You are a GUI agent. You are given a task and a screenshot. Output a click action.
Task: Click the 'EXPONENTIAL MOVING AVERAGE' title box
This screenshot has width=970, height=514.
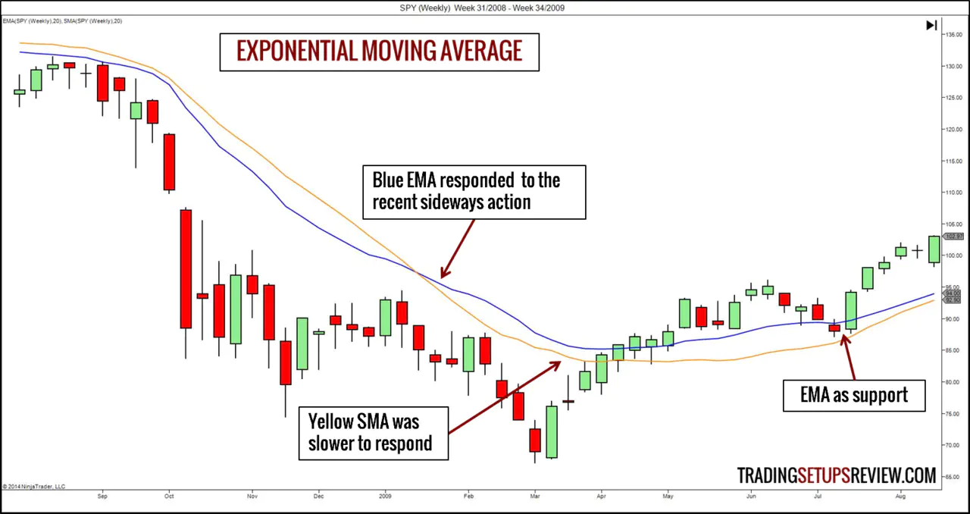[x=379, y=52]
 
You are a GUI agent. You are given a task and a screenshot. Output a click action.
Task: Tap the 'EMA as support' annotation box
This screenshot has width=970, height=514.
[x=853, y=395]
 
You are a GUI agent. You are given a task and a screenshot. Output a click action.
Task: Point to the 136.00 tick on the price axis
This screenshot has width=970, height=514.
[x=952, y=35]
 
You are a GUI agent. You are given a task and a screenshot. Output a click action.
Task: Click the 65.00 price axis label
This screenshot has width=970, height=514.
[x=952, y=477]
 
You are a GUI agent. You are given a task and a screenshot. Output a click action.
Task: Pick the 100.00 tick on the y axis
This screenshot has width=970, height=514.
[x=952, y=255]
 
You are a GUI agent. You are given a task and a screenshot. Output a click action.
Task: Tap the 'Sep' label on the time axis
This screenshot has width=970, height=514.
[x=102, y=497]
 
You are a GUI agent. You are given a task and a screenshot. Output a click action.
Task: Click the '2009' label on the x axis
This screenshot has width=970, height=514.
[x=385, y=497]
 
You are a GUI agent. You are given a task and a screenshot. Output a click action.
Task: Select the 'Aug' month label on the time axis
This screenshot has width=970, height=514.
[x=900, y=497]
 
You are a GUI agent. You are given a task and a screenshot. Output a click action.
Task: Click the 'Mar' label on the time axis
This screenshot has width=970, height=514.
[x=535, y=497]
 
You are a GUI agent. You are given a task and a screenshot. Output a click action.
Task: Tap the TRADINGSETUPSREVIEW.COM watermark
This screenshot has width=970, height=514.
[x=837, y=475]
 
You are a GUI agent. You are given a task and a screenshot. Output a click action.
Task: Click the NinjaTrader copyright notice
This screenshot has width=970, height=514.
[x=33, y=486]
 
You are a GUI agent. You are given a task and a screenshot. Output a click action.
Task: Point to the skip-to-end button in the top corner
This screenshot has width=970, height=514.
[x=931, y=26]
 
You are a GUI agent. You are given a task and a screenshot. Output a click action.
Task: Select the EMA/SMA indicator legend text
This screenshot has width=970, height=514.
[x=62, y=20]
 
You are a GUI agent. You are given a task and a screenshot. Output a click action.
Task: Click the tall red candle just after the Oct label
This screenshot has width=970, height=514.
[x=186, y=268]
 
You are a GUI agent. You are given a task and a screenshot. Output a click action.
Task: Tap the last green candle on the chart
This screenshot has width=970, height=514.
[x=934, y=249]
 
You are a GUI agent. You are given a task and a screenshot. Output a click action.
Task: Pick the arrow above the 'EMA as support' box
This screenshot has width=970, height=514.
[x=850, y=356]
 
